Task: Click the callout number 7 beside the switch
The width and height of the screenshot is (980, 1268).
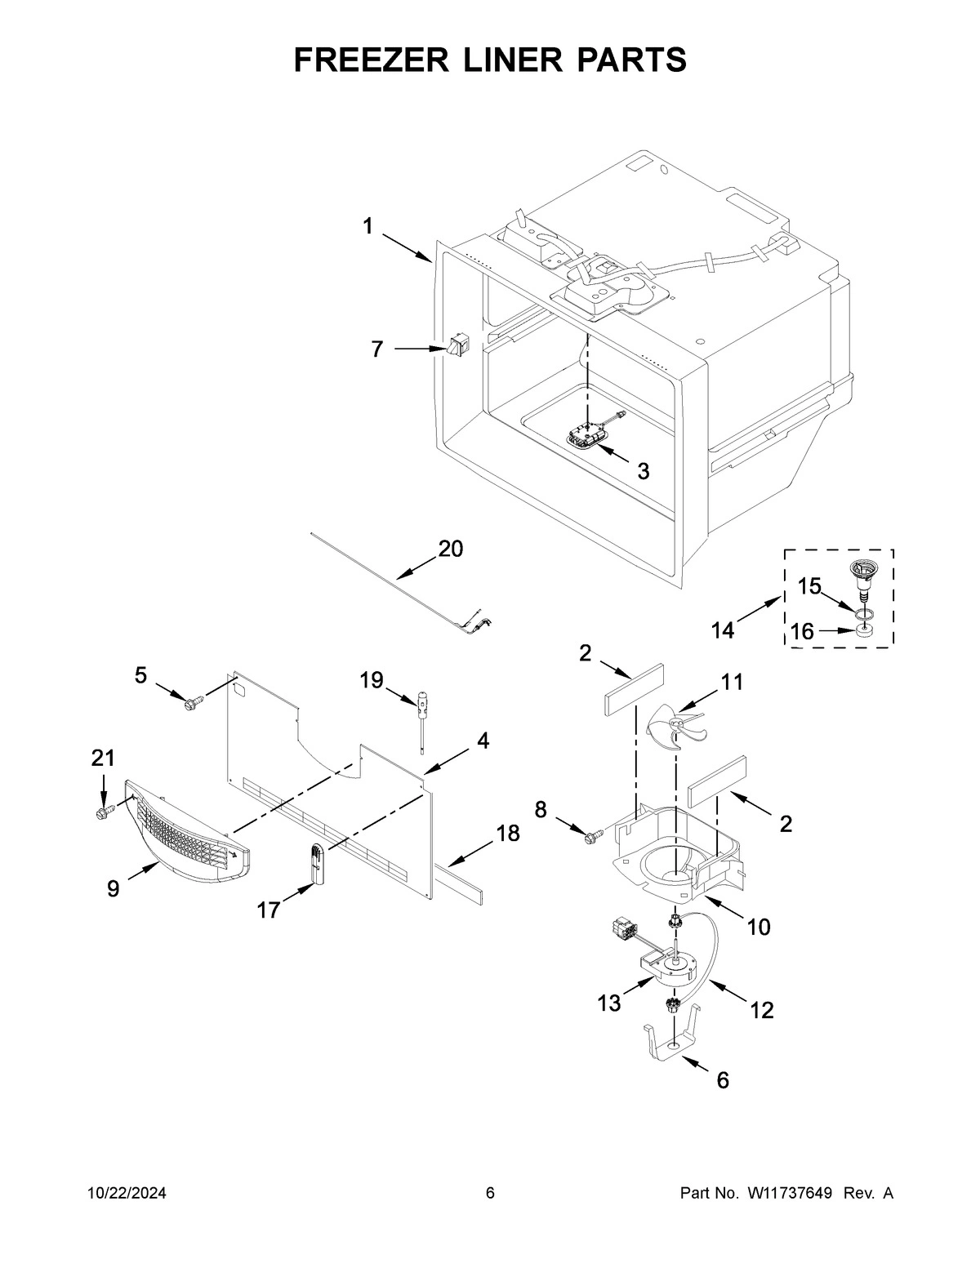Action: (x=376, y=349)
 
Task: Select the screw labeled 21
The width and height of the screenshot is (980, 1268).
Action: (x=104, y=812)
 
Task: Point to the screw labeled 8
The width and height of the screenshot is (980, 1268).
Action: (x=594, y=834)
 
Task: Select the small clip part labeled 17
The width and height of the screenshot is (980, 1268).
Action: (x=316, y=864)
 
